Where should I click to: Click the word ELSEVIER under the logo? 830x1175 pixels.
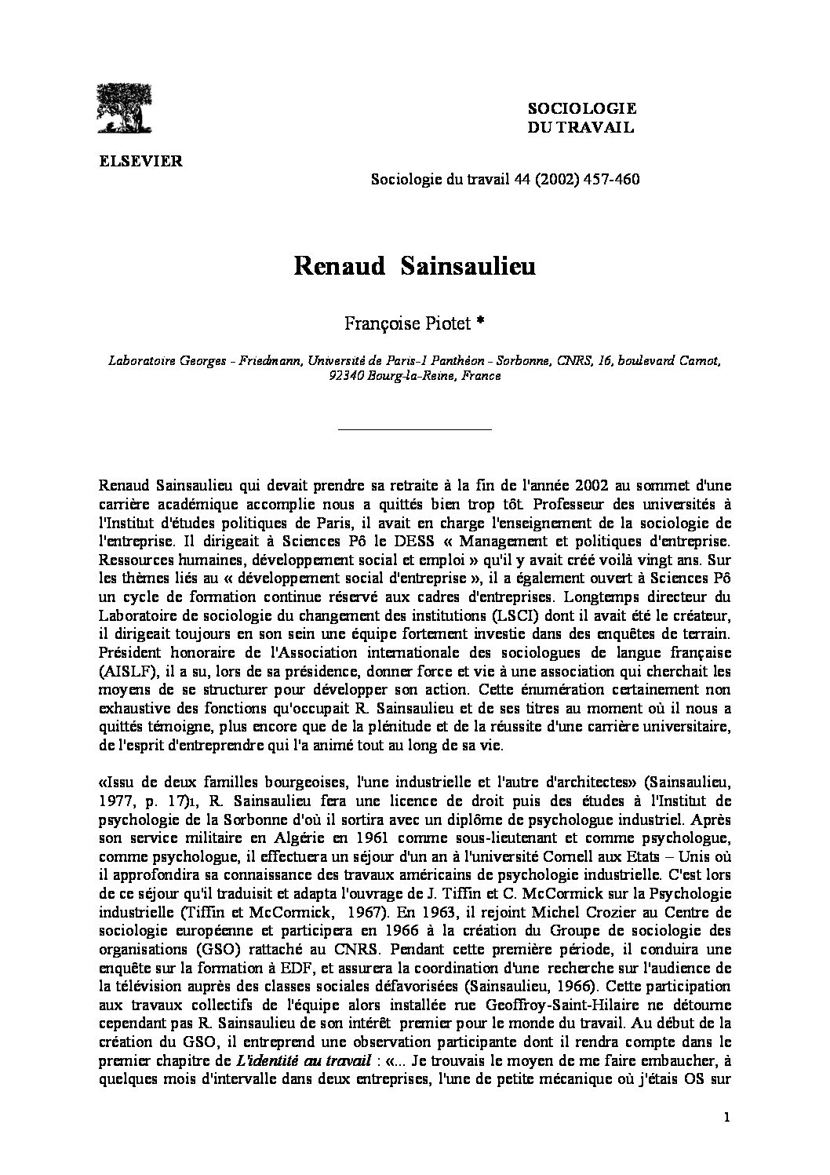tap(140, 162)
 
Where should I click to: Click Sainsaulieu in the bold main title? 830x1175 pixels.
tap(468, 267)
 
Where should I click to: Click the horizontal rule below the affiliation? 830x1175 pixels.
tap(413, 429)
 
